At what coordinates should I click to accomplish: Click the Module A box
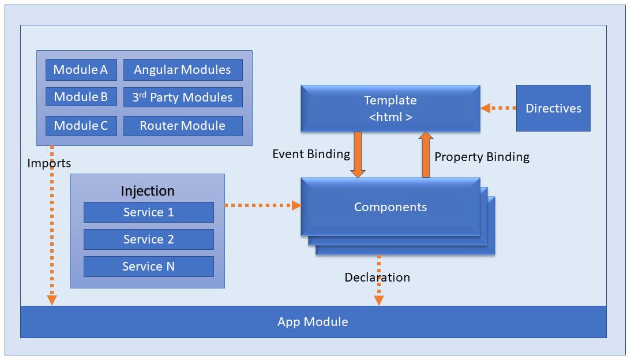81,70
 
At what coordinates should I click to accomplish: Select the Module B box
81,97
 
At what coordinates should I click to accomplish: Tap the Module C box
81,126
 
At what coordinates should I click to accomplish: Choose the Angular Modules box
183,70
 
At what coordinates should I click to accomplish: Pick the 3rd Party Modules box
183,97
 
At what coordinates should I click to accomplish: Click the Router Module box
183,126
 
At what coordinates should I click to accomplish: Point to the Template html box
390,108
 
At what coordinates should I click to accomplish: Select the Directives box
553,108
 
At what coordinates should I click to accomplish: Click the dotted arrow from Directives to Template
498,108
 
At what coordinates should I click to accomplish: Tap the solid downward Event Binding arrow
358,154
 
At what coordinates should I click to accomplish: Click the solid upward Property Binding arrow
426,154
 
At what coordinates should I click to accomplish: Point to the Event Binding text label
311,154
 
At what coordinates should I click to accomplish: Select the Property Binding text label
482,157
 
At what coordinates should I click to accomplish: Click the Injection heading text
147,191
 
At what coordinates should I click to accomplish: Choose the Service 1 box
148,212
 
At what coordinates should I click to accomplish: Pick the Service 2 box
148,239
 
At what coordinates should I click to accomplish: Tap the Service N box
148,267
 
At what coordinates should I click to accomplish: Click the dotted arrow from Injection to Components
262,205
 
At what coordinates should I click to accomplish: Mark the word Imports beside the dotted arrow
49,163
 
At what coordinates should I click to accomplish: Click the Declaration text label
377,277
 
